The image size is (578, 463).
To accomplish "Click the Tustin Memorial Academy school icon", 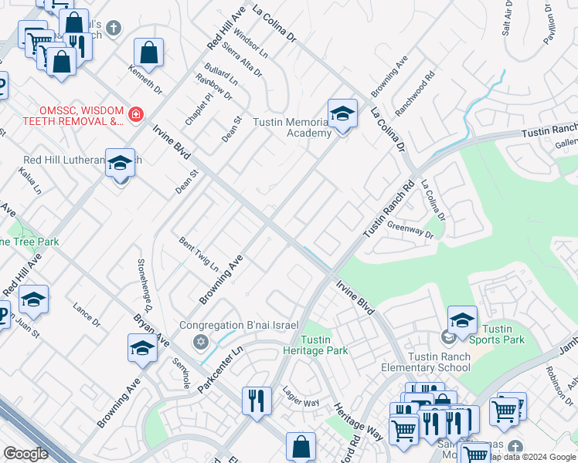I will pyautogui.click(x=342, y=113).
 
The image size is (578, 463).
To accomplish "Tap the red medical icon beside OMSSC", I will pyautogui.click(x=136, y=115).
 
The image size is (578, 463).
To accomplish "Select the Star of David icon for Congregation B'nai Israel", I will pyautogui.click(x=200, y=341).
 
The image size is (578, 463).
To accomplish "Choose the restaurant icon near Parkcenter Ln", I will pyautogui.click(x=257, y=400).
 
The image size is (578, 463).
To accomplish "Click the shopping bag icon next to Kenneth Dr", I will pyautogui.click(x=148, y=53).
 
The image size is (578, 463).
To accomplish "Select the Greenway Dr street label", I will pyautogui.click(x=410, y=229).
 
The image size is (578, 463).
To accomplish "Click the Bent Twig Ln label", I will pyautogui.click(x=199, y=255).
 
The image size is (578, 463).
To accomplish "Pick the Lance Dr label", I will pyautogui.click(x=87, y=315).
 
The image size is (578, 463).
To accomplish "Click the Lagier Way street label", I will pyautogui.click(x=301, y=397).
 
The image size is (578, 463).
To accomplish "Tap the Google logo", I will pyautogui.click(x=26, y=454).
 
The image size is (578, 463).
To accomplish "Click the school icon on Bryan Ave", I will pyautogui.click(x=142, y=349).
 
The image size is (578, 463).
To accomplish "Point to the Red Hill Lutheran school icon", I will pyautogui.click(x=120, y=164).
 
